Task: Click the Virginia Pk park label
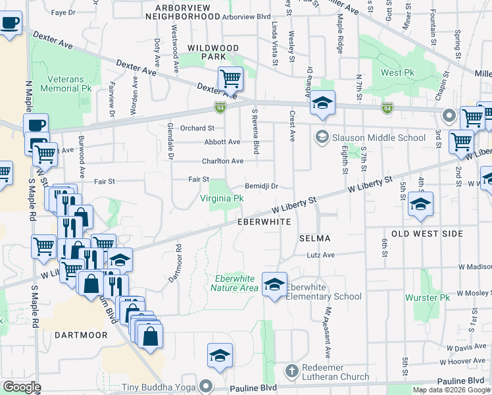tap(222, 198)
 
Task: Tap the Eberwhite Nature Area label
tap(235, 283)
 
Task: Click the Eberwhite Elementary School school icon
tap(274, 284)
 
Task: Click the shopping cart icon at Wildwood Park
tap(230, 79)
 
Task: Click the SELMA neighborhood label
tap(314, 238)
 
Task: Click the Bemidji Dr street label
tap(262, 186)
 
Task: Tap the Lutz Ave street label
tap(320, 255)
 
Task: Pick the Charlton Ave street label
tap(222, 161)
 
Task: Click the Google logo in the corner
tap(22, 387)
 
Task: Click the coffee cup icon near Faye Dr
tap(9, 24)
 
